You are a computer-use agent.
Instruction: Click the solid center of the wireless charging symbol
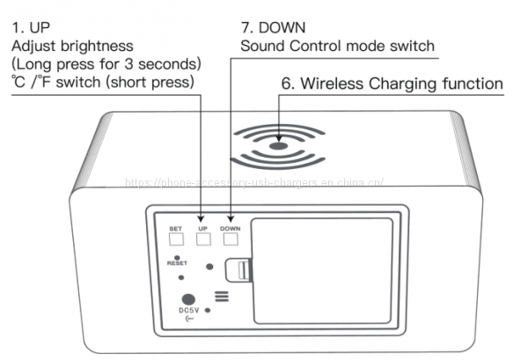pos(278,143)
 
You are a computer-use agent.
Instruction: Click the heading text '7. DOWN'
pos(268,26)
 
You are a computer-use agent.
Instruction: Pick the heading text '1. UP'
pos(31,26)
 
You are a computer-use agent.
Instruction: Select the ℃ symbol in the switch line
pos(18,84)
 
